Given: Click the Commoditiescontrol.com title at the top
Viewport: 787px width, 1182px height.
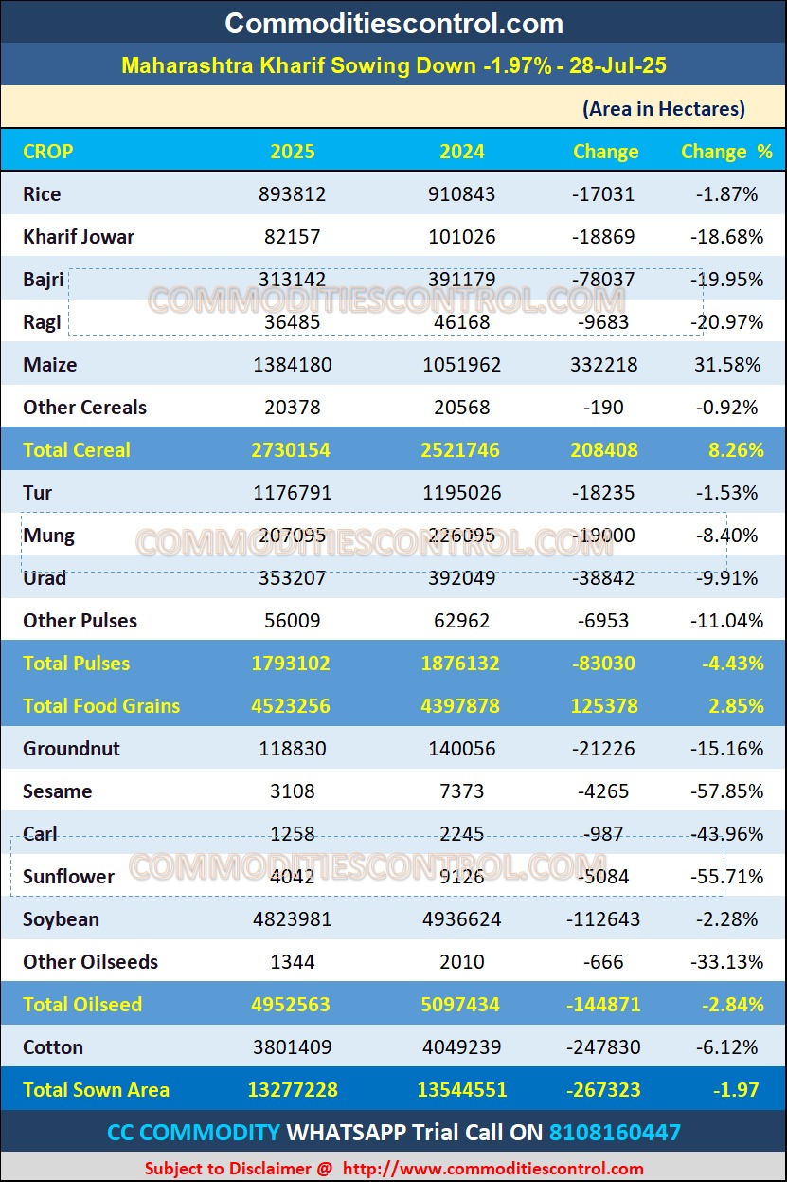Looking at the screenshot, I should pos(393,23).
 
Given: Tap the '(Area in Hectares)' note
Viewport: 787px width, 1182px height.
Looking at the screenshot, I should pos(664,109).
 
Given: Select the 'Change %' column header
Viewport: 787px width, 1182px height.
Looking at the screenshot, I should pos(726,152).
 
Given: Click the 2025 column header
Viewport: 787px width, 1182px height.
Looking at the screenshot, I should pos(293,152).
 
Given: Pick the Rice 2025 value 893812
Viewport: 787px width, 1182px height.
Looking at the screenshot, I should pos(293,194).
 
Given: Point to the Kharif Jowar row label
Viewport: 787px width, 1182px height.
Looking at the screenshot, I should pos(79,237).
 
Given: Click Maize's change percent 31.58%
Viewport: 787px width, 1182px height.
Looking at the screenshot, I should pos(728,365).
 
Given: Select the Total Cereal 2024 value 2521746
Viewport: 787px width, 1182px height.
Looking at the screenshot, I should pos(460,450).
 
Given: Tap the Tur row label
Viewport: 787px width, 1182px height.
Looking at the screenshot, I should pos(38,493).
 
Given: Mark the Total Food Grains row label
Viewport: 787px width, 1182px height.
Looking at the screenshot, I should pos(101,706).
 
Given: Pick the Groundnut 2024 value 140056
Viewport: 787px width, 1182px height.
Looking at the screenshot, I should pos(462,749).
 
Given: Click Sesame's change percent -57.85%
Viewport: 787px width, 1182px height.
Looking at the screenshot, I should pos(728,791).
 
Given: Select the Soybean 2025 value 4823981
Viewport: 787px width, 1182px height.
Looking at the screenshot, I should pos(293,919).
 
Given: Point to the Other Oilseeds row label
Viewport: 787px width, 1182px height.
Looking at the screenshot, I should pos(91,962).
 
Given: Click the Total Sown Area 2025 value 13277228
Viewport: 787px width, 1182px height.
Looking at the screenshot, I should pos(293,1090).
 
